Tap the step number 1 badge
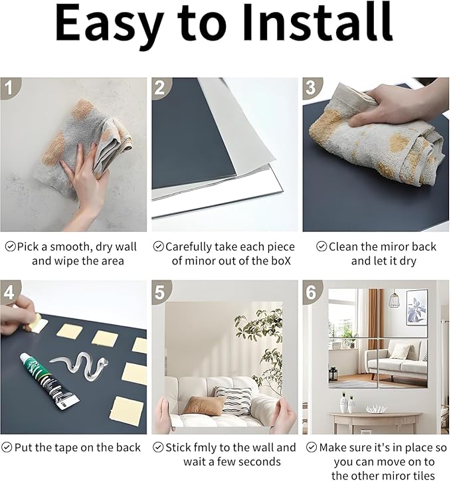(x=9, y=88)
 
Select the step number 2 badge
(x=161, y=88)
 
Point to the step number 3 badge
(x=312, y=88)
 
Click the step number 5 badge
(x=161, y=291)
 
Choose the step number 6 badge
(x=312, y=291)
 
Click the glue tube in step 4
(x=49, y=381)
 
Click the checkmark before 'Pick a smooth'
(x=11, y=246)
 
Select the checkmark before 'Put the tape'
(x=7, y=447)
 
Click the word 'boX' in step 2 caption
(x=281, y=261)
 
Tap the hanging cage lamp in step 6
(x=395, y=300)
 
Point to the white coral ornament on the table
(x=376, y=409)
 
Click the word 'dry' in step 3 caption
(x=408, y=261)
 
